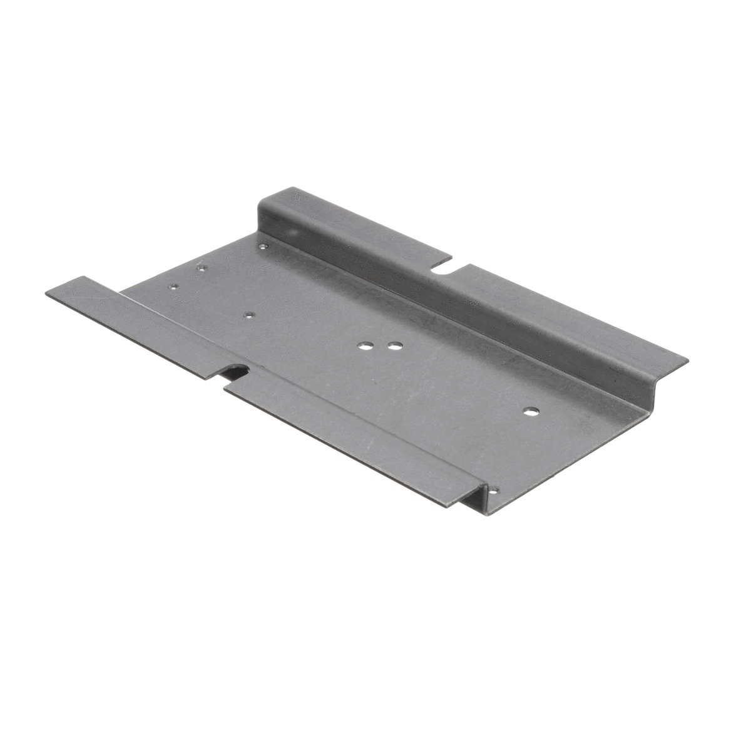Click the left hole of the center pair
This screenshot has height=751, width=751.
point(364,344)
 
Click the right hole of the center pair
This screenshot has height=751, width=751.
point(394,345)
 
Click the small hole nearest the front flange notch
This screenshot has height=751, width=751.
point(248,315)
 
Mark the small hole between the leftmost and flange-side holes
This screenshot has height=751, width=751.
point(202,268)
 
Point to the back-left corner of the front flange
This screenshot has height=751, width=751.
point(80,277)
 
